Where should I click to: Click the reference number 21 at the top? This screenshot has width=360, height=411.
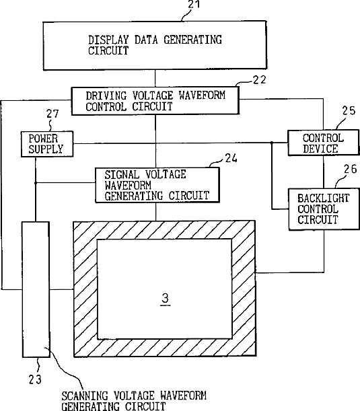coord(194,4)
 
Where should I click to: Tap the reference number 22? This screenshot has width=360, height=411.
coord(259,79)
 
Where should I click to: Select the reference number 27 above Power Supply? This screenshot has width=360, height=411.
coord(52,114)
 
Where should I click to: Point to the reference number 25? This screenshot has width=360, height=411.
coord(349,110)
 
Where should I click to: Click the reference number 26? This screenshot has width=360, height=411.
coord(351,169)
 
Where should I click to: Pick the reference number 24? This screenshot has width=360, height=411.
coord(231,158)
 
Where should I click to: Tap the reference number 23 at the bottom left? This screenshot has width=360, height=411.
coord(35,379)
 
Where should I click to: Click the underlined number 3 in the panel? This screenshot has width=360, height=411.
coord(165,299)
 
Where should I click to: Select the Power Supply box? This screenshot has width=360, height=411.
coord(47,144)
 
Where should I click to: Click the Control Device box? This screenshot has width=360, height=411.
coord(323,143)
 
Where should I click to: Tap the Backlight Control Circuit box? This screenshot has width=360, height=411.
coord(324,209)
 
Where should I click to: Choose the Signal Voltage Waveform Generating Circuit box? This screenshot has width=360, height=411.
coord(157,185)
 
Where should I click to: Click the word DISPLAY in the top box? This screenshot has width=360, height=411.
coord(108,40)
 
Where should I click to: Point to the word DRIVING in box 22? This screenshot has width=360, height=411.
coord(106,96)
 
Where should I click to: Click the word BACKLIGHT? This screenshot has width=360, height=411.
coord(324,198)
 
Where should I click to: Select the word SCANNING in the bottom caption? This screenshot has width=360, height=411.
coord(85,396)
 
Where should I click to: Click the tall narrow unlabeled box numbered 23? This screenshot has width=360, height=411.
coord(36,289)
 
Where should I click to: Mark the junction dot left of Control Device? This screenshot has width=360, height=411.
coord(272,143)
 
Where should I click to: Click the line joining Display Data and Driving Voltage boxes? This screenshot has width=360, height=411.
coord(155,79)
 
